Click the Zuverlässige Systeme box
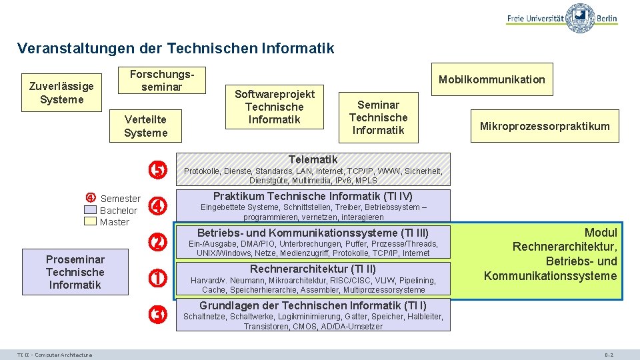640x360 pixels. pos(62,93)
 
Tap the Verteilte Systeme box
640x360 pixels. pos(145,125)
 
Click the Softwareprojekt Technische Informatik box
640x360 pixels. pos(275,107)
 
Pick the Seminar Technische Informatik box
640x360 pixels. pos(378,117)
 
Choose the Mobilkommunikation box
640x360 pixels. pos(491,79)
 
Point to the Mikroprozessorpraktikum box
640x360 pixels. pos(545,126)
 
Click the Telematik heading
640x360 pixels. pos(313,159)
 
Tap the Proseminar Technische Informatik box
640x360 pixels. pos(75,272)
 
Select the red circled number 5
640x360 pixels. pos(157,171)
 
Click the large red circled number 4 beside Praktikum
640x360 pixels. pos(157,207)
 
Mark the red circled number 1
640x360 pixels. pos(157,279)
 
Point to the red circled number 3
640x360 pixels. pos(157,315)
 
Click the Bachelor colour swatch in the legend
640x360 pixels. pos(91,211)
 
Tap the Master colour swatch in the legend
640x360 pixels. pos(91,221)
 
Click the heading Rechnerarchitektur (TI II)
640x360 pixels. pos(313,269)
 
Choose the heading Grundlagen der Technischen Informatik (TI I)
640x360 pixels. pos(313,305)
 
